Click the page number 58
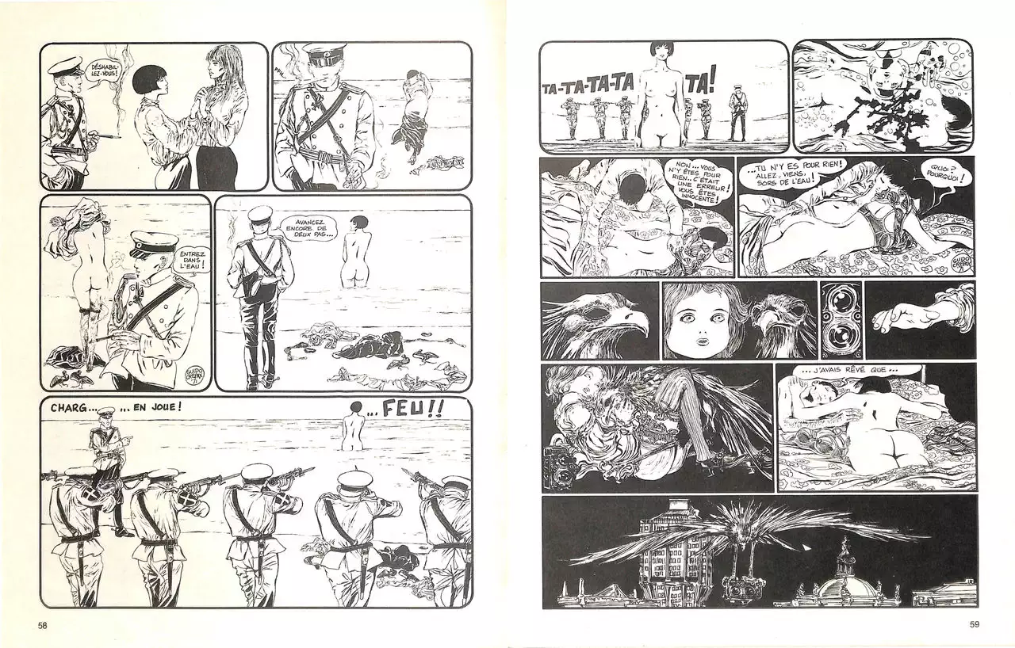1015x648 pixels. [42, 625]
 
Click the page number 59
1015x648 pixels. [975, 624]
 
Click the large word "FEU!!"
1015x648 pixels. [412, 410]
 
